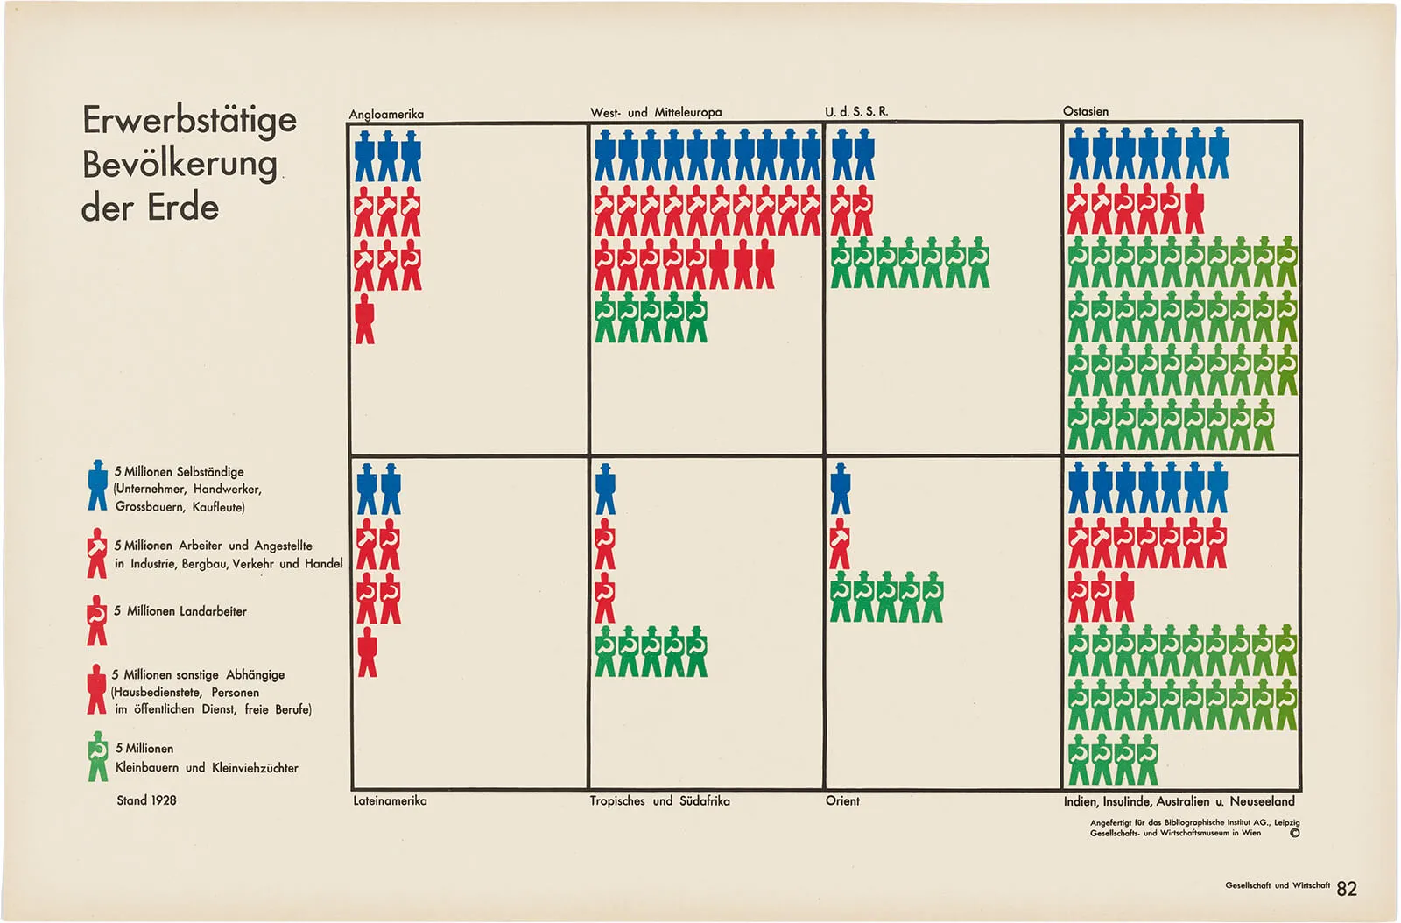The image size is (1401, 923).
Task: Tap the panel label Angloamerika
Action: click(x=386, y=114)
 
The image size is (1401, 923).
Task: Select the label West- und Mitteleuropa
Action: click(x=656, y=112)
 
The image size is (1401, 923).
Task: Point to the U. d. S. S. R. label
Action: click(x=855, y=111)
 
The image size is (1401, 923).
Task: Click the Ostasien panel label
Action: click(x=1085, y=111)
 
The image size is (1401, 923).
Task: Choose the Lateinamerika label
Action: click(x=390, y=800)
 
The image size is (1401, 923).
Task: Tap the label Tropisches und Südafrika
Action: click(x=659, y=800)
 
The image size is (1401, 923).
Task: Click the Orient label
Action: click(x=842, y=800)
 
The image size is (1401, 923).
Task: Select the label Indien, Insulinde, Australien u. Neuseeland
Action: click(x=1179, y=800)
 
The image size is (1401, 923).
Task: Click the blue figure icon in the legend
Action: click(x=97, y=485)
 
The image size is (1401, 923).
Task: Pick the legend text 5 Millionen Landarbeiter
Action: click(x=180, y=611)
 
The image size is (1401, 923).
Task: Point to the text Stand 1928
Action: click(x=146, y=800)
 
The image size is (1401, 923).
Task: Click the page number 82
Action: click(x=1347, y=889)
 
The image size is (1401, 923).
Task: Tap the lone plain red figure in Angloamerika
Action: click(x=365, y=320)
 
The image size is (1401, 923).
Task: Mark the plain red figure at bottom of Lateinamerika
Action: click(x=367, y=652)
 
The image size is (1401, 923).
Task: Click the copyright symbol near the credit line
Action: click(x=1294, y=833)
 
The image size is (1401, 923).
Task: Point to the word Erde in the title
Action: click(x=183, y=208)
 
